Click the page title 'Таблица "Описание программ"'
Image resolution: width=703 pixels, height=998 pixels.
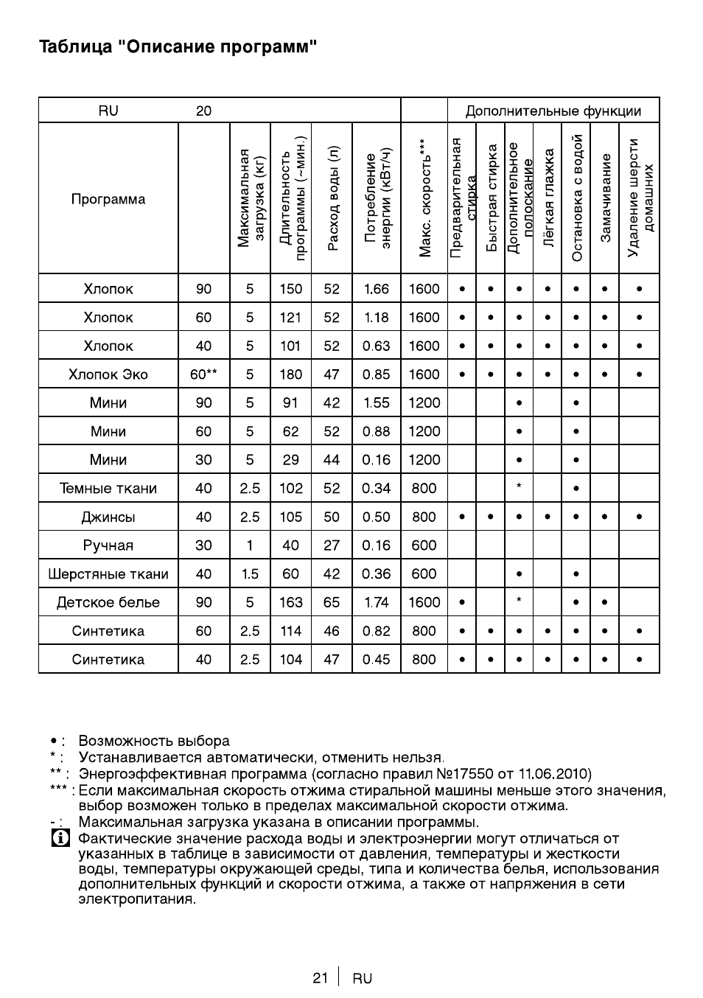(x=178, y=48)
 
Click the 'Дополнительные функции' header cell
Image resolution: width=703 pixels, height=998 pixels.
(x=553, y=111)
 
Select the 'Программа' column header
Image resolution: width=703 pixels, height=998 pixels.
(x=108, y=199)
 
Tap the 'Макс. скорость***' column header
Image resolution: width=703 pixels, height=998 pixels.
(x=424, y=198)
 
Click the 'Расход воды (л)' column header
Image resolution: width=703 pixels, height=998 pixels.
(x=332, y=198)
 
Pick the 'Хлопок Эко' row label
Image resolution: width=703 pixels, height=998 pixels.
(x=108, y=374)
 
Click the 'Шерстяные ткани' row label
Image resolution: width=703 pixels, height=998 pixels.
(x=108, y=574)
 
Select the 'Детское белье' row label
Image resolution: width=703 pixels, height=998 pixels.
(x=108, y=602)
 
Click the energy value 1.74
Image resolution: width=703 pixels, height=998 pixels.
(x=376, y=602)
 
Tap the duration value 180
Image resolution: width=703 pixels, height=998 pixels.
(x=290, y=374)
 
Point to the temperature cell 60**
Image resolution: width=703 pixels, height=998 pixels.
(x=203, y=374)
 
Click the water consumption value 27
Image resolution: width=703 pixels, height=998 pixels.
(x=332, y=545)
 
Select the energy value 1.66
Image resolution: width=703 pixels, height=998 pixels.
(x=376, y=289)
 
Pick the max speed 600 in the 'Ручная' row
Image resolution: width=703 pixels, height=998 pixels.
(x=424, y=545)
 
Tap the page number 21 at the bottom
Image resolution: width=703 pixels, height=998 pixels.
(x=320, y=978)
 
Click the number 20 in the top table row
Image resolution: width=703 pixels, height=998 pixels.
(x=203, y=111)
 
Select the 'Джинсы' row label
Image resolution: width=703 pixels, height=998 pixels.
(x=108, y=517)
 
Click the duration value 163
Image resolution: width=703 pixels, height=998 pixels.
(x=290, y=602)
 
